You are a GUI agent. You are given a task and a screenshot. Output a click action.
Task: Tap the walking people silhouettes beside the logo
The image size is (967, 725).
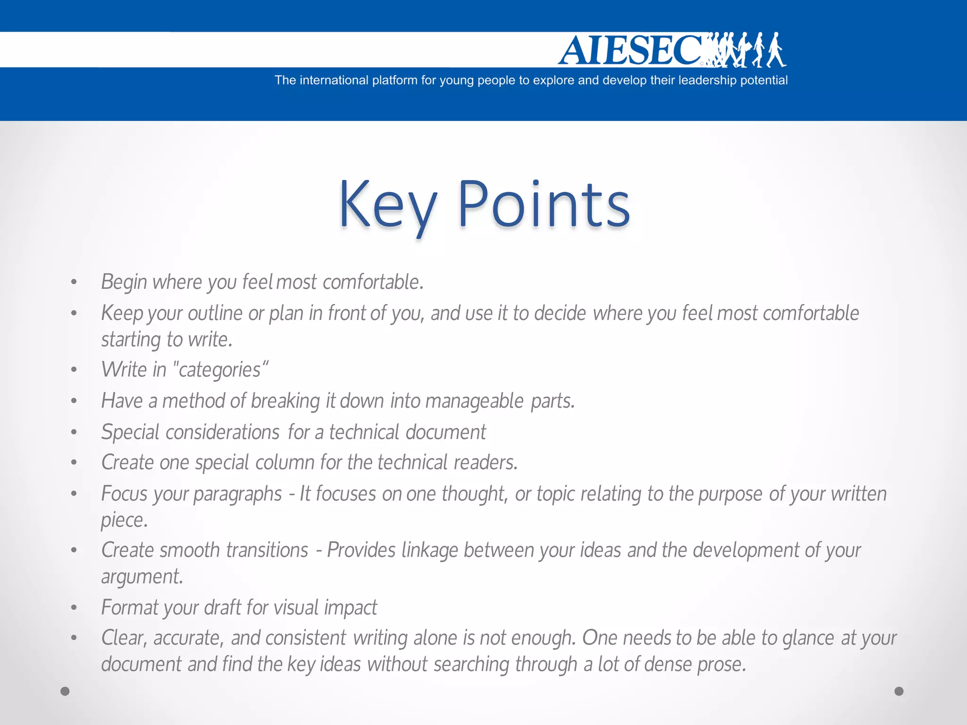click(x=748, y=50)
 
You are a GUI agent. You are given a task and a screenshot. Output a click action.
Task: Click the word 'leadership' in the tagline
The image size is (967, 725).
click(x=707, y=80)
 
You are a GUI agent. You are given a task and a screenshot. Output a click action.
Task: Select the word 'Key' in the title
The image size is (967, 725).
click(x=387, y=204)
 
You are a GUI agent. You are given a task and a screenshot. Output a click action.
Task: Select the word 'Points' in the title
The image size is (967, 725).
click(x=543, y=204)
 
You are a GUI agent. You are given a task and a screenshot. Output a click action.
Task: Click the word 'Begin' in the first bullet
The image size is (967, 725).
click(x=124, y=282)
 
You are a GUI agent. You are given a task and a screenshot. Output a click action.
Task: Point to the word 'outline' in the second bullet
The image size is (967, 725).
click(x=215, y=313)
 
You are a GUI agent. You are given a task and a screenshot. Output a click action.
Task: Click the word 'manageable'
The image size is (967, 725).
click(x=474, y=401)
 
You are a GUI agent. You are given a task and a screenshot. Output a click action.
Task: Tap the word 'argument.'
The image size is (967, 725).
click(x=142, y=577)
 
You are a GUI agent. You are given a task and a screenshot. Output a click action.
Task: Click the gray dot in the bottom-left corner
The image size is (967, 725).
click(x=65, y=691)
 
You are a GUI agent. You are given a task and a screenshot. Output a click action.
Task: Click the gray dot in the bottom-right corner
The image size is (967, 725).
click(x=899, y=691)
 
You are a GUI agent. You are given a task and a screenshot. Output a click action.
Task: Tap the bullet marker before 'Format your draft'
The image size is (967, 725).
click(x=74, y=608)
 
